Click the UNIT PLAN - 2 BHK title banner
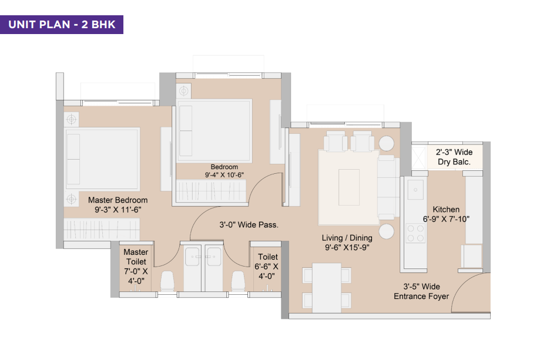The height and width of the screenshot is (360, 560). [x=61, y=25]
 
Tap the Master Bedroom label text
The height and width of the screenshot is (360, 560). [x=118, y=200]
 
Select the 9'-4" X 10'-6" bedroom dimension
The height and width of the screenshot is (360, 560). [x=224, y=175]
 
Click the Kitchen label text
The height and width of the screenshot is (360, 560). [x=446, y=210]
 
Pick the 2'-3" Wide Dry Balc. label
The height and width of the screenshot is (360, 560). [x=454, y=157]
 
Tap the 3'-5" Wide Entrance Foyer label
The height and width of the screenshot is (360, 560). [x=421, y=291]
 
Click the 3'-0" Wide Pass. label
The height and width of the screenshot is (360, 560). [x=249, y=224]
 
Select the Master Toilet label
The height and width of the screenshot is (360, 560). [x=136, y=257]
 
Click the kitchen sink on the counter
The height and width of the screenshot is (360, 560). [x=416, y=189]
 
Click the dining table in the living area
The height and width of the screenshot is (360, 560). [x=326, y=287]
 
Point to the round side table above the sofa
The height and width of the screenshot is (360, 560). [x=387, y=144]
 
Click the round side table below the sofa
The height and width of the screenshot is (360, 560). [x=386, y=231]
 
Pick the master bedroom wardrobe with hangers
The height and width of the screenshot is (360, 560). [x=101, y=229]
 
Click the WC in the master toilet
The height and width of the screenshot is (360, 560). [x=167, y=281]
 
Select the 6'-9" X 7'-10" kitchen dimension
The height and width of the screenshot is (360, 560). [x=446, y=219]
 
